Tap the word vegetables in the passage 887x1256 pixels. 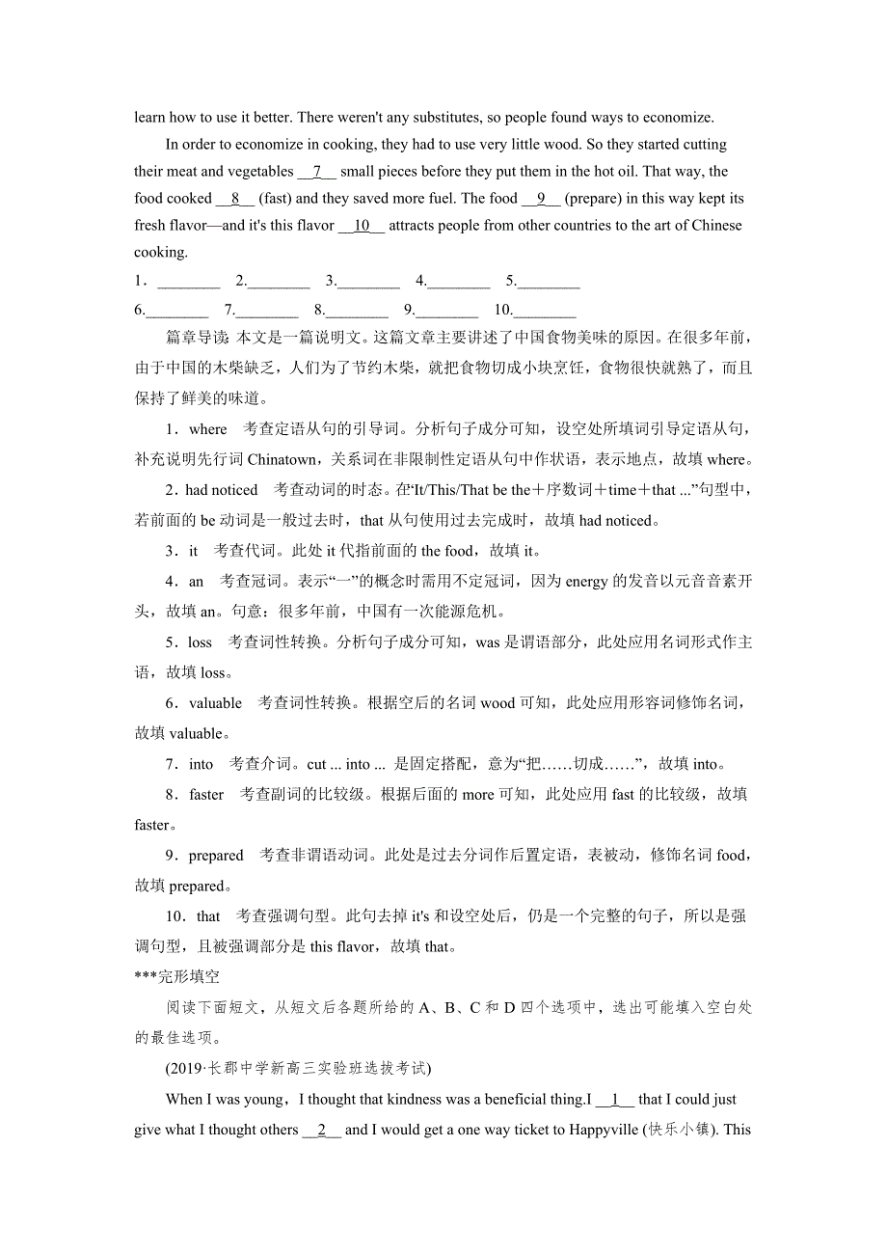pyautogui.click(x=260, y=172)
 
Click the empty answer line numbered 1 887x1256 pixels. pyautogui.click(x=188, y=283)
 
